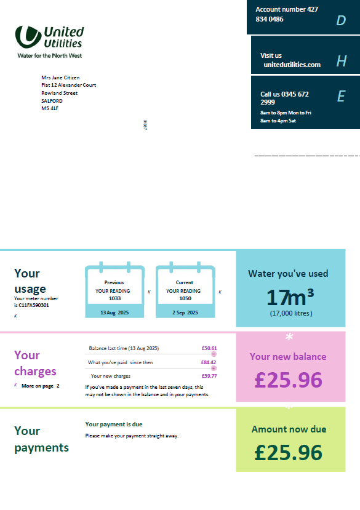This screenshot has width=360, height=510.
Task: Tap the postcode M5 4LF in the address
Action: (50, 108)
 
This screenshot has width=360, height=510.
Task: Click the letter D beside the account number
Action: (341, 21)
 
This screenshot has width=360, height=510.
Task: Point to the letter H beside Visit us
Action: (342, 61)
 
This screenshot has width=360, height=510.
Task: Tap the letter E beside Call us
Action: (341, 96)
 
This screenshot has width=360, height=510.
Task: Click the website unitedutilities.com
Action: (292, 65)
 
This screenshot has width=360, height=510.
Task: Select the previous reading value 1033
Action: (114, 298)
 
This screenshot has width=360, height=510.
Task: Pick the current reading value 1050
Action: (185, 298)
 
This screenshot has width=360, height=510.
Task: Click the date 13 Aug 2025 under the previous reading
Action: (114, 313)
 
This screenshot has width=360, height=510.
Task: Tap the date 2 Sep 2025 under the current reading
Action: (185, 313)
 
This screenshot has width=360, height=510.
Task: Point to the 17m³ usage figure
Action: (290, 298)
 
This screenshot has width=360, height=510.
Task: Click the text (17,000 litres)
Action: (290, 313)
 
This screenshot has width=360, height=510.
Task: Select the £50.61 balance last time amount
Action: (209, 348)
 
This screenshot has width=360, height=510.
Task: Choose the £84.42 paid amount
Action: (209, 362)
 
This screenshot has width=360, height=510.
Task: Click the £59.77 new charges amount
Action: (209, 376)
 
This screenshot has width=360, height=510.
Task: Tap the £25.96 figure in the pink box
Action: (288, 380)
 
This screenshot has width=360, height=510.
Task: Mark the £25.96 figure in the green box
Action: (288, 452)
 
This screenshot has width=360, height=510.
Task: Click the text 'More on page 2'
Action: (41, 386)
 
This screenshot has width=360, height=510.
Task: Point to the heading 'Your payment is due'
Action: (114, 424)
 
